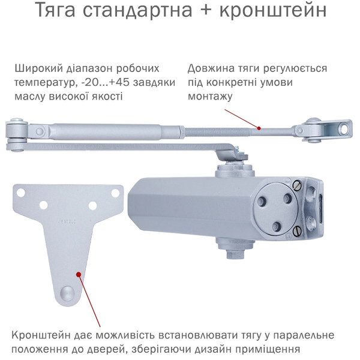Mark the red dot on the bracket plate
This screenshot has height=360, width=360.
coord(78,273)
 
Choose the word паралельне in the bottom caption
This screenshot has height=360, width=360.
coord(302,335)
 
